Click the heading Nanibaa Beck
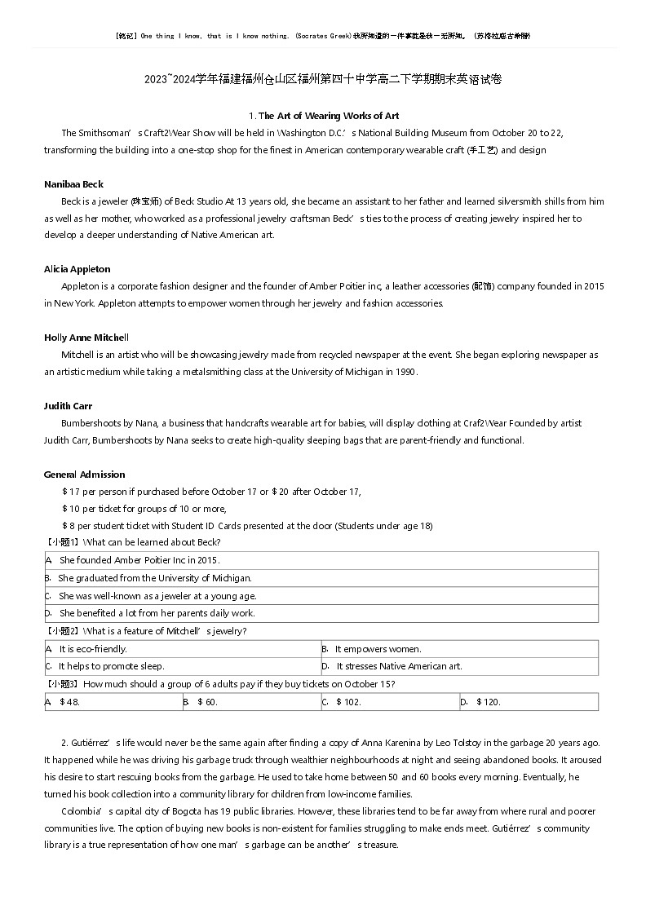73,184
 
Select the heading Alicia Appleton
77,269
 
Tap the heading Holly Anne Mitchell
86,338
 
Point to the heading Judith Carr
68,406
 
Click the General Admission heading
84,475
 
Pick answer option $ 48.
69,702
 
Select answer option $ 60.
207,702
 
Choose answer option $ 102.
347,702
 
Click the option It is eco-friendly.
93,649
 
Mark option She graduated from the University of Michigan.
155,578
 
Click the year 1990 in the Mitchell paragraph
405,372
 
